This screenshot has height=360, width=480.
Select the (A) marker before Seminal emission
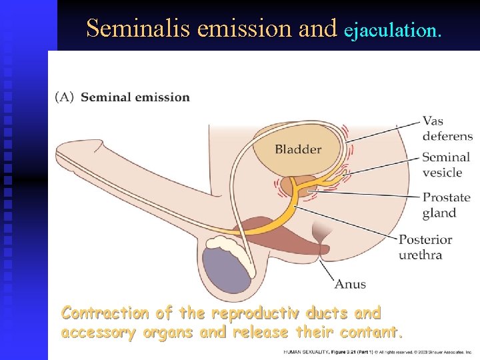65,97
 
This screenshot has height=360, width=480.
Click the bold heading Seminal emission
135,97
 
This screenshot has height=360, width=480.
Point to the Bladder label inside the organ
298,149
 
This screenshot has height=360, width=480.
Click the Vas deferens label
447,129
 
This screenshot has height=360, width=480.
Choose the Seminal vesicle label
446,165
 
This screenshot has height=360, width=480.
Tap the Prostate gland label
446,205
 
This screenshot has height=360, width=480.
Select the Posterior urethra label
425,247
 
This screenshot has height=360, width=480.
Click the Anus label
350,284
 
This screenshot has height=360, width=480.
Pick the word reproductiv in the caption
243,313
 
